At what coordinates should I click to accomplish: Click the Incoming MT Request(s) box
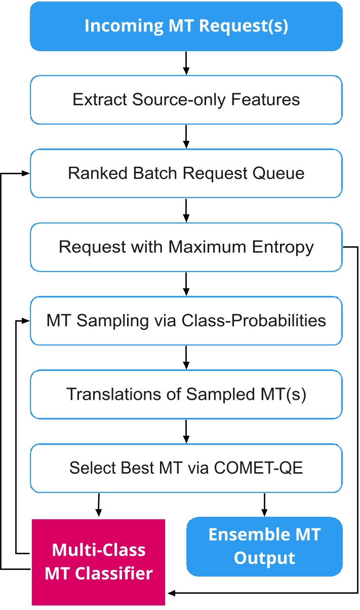coord(186,26)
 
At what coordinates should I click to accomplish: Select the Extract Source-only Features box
coord(186,100)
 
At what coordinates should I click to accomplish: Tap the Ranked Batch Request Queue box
coord(186,173)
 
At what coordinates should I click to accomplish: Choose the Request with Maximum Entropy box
coord(186,247)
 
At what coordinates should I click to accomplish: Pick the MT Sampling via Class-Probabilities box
coord(186,321)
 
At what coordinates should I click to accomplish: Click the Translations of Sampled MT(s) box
coord(186,394)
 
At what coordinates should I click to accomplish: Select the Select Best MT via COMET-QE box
coord(186,468)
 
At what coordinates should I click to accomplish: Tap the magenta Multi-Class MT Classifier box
coord(98,562)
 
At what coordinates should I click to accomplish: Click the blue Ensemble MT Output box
coord(265,547)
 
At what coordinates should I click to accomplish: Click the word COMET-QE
coord(258,468)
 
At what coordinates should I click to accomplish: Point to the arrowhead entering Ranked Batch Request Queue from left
coord(25,173)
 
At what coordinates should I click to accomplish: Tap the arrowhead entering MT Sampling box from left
coord(25,321)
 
